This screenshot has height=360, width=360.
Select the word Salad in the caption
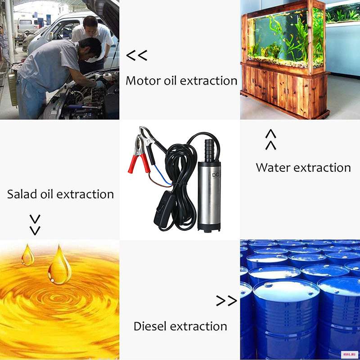point(22,194)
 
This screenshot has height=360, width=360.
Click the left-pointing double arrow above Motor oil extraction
point(137,55)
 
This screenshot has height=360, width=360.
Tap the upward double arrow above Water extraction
point(271,139)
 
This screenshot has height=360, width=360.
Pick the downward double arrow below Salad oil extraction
point(35,225)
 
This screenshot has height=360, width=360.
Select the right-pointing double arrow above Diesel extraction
point(226,301)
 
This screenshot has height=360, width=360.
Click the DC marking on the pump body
point(216,175)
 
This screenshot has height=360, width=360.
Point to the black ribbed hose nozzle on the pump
point(209,150)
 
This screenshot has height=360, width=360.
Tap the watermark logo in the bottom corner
point(350,354)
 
